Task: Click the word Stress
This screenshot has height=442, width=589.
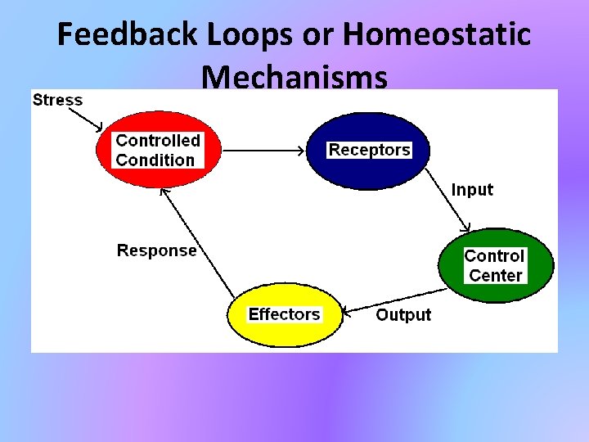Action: (57, 101)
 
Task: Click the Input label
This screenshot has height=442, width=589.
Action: (472, 190)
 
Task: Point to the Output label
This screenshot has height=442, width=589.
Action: (402, 315)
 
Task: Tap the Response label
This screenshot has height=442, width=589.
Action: (156, 250)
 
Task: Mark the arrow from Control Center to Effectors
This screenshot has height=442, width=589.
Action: (393, 300)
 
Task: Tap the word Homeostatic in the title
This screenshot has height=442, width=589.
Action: (437, 35)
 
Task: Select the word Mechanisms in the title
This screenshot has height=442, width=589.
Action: (294, 77)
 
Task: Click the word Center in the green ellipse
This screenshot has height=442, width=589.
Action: (495, 275)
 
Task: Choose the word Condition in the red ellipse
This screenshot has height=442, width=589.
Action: (155, 160)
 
